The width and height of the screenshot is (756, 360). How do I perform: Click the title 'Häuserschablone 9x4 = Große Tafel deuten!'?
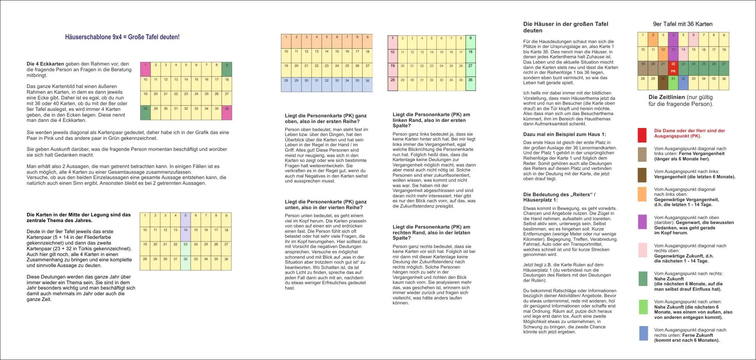coord(122,37)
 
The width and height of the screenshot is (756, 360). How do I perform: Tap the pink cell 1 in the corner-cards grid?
coord(145,69)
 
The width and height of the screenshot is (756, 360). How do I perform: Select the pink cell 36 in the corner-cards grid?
coord(227,113)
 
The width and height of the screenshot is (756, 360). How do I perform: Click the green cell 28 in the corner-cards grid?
coord(145,113)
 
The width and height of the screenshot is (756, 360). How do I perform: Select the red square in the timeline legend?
coord(642,135)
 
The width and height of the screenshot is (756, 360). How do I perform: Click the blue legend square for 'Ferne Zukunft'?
coord(643,334)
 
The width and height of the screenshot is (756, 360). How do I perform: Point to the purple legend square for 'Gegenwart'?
coord(642,222)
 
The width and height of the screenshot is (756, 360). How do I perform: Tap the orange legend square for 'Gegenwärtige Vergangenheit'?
coord(642,194)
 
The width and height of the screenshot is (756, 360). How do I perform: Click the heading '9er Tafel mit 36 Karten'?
coord(682,24)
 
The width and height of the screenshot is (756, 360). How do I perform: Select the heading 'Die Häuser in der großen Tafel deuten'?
coord(566,27)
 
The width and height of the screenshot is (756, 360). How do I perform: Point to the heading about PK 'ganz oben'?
coord(326,118)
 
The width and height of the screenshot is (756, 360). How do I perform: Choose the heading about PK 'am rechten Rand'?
coord(431,232)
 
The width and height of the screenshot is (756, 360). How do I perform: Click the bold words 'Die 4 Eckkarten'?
coord(45,64)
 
